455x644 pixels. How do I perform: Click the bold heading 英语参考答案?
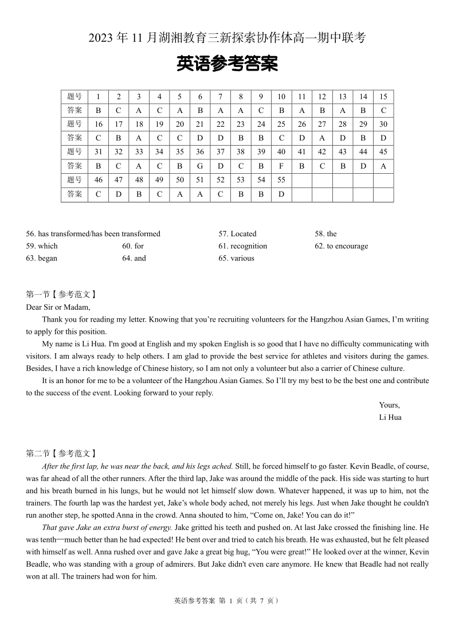[227, 64]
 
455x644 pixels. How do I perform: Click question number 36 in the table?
[200, 152]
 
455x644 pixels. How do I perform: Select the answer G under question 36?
[200, 166]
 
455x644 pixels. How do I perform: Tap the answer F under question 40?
[281, 166]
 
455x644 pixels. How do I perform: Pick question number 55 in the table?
[281, 180]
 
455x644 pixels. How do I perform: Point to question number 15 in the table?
[383, 97]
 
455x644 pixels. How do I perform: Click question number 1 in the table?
[98, 97]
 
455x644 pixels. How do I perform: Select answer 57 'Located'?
[237, 233]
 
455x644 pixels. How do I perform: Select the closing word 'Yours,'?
[389, 405]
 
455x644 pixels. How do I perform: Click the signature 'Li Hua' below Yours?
[390, 417]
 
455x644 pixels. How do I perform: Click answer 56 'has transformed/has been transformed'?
[93, 233]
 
